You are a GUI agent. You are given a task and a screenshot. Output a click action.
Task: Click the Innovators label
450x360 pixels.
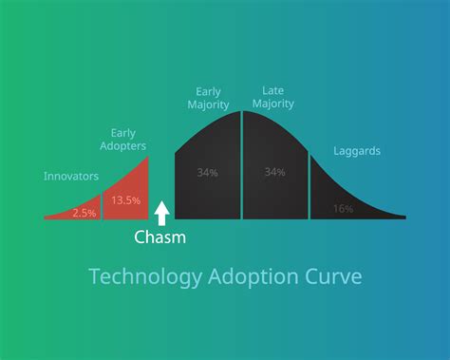pyautogui.click(x=70, y=176)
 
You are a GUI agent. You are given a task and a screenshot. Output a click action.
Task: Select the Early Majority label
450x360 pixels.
pyautogui.click(x=209, y=98)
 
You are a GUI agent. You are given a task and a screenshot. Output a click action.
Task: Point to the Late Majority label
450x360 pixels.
pyautogui.click(x=272, y=98)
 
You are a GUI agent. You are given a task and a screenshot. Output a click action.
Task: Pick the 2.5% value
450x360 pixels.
pyautogui.click(x=84, y=213)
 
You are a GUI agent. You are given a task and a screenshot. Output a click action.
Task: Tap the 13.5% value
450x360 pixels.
pyautogui.click(x=125, y=199)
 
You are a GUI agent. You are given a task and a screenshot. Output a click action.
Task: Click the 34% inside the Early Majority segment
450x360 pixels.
pyautogui.click(x=207, y=172)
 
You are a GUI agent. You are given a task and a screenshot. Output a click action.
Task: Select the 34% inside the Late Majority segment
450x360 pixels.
pyautogui.click(x=275, y=172)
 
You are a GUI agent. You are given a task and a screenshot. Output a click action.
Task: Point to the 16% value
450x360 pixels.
pyautogui.click(x=343, y=208)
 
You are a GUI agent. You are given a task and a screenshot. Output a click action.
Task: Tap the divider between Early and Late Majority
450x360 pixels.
pyautogui.click(x=242, y=166)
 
